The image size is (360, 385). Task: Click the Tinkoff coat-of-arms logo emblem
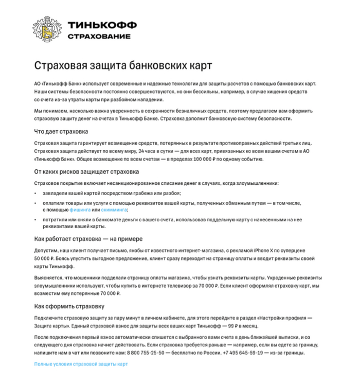click(47, 29)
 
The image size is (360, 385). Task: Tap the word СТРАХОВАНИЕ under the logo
click(99, 37)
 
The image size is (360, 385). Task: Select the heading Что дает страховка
click(61, 132)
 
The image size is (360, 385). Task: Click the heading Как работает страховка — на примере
click(88, 239)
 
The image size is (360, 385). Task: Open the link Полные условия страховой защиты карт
click(81, 364)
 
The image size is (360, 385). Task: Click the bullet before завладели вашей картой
click(35, 194)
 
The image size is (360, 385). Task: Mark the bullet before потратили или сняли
click(35, 219)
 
